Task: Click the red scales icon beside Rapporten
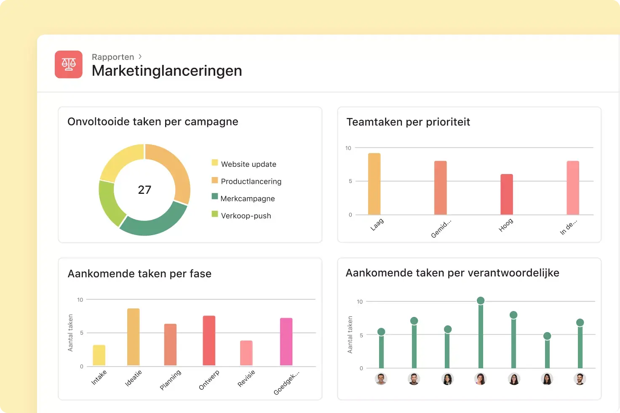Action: tap(68, 64)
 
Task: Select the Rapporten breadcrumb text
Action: tap(113, 57)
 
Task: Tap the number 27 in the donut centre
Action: tap(144, 190)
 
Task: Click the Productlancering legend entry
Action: tap(247, 181)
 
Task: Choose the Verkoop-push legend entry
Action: tap(241, 215)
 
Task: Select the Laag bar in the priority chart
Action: tap(374, 184)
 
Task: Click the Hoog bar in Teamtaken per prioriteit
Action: tap(507, 194)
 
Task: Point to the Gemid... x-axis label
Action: tap(441, 228)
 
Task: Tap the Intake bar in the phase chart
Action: tap(99, 355)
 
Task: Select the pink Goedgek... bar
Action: tap(286, 342)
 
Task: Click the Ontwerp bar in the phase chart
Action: tap(209, 341)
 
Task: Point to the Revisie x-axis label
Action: tap(246, 378)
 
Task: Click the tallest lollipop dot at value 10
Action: tap(481, 300)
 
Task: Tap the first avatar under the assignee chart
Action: tap(381, 379)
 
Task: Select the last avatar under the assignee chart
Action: tap(580, 379)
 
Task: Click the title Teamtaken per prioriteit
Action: tap(408, 122)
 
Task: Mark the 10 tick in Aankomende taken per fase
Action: tap(80, 300)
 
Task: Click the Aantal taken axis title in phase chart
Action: tap(70, 333)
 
